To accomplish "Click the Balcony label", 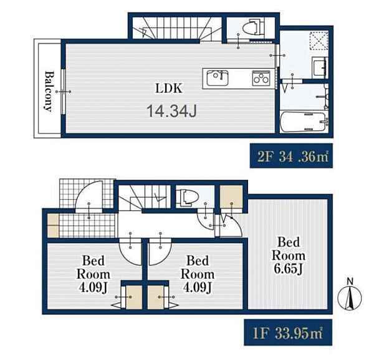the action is pyautogui.click(x=49, y=91).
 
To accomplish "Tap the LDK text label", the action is pyautogui.click(x=169, y=88).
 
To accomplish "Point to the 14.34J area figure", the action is pyautogui.click(x=172, y=111).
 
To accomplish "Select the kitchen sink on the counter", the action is pyautogui.click(x=218, y=78).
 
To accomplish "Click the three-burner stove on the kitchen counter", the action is pyautogui.click(x=261, y=78).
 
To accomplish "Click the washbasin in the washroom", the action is pyautogui.click(x=320, y=67).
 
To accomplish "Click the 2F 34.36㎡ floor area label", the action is pyautogui.click(x=291, y=155).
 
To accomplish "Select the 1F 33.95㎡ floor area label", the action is pyautogui.click(x=288, y=333).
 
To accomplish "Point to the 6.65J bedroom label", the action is pyautogui.click(x=289, y=256).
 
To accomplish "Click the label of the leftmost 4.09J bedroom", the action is pyautogui.click(x=93, y=274).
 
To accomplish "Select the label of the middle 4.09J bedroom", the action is pyautogui.click(x=198, y=274).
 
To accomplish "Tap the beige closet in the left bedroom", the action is pyautogui.click(x=134, y=297).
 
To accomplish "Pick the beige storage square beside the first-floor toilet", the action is pyautogui.click(x=231, y=197).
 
